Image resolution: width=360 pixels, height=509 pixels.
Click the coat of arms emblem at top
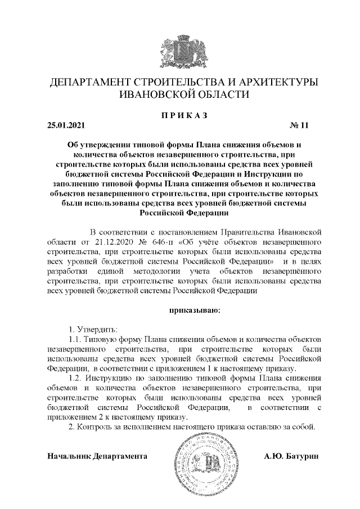(180, 47)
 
